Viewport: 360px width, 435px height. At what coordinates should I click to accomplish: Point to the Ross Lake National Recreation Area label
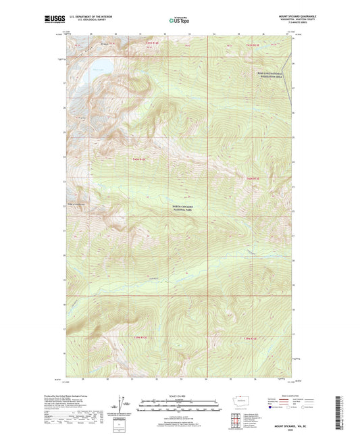265,78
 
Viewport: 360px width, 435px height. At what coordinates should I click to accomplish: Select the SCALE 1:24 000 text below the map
179,396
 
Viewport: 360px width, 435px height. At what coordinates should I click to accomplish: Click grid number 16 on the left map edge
66,353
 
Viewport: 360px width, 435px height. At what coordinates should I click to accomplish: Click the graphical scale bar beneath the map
179,407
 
